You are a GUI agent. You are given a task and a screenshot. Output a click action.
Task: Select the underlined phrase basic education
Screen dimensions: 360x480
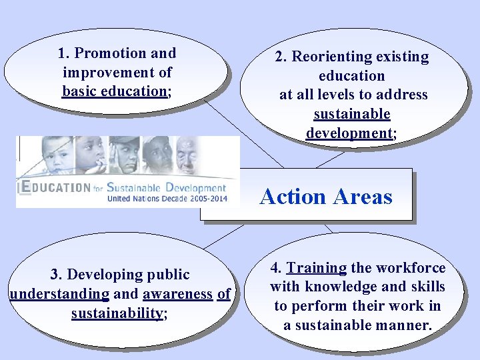coord(113,91)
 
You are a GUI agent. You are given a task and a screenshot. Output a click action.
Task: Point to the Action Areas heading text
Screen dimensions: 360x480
coord(326,196)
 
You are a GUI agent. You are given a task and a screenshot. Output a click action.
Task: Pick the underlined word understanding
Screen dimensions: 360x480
coord(59,294)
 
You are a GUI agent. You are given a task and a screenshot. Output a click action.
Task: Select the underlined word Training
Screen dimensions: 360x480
coord(316,268)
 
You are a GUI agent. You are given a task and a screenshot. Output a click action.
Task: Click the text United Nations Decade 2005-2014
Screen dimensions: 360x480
coord(167,199)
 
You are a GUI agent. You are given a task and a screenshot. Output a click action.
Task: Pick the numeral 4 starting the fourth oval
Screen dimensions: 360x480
coord(275,268)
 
